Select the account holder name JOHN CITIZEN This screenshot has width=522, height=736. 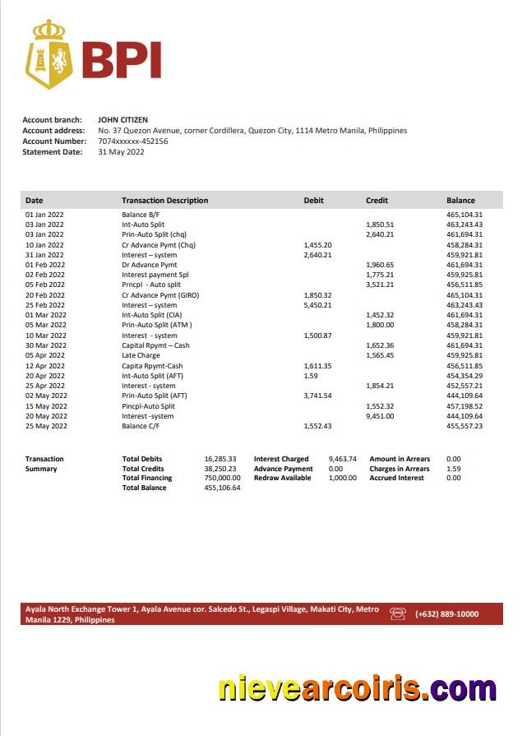122,120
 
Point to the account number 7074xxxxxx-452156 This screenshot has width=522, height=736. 132,141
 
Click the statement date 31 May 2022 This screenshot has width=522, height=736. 121,152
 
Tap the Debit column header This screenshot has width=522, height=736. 313,201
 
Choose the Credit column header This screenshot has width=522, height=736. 376,201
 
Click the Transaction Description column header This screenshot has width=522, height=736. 164,201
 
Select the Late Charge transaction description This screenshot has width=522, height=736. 141,355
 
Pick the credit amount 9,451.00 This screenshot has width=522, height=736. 380,416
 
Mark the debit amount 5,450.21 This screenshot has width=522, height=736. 317,305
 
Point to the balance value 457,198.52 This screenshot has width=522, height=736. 464,406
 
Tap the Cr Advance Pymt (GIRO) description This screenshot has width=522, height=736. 160,295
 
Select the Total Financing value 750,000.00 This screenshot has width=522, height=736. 222,478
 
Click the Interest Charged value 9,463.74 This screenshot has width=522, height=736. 342,459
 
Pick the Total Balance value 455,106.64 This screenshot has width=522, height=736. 222,488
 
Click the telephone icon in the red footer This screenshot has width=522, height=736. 398,613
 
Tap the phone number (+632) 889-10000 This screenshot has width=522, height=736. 446,614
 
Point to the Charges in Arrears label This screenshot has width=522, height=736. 400,469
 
